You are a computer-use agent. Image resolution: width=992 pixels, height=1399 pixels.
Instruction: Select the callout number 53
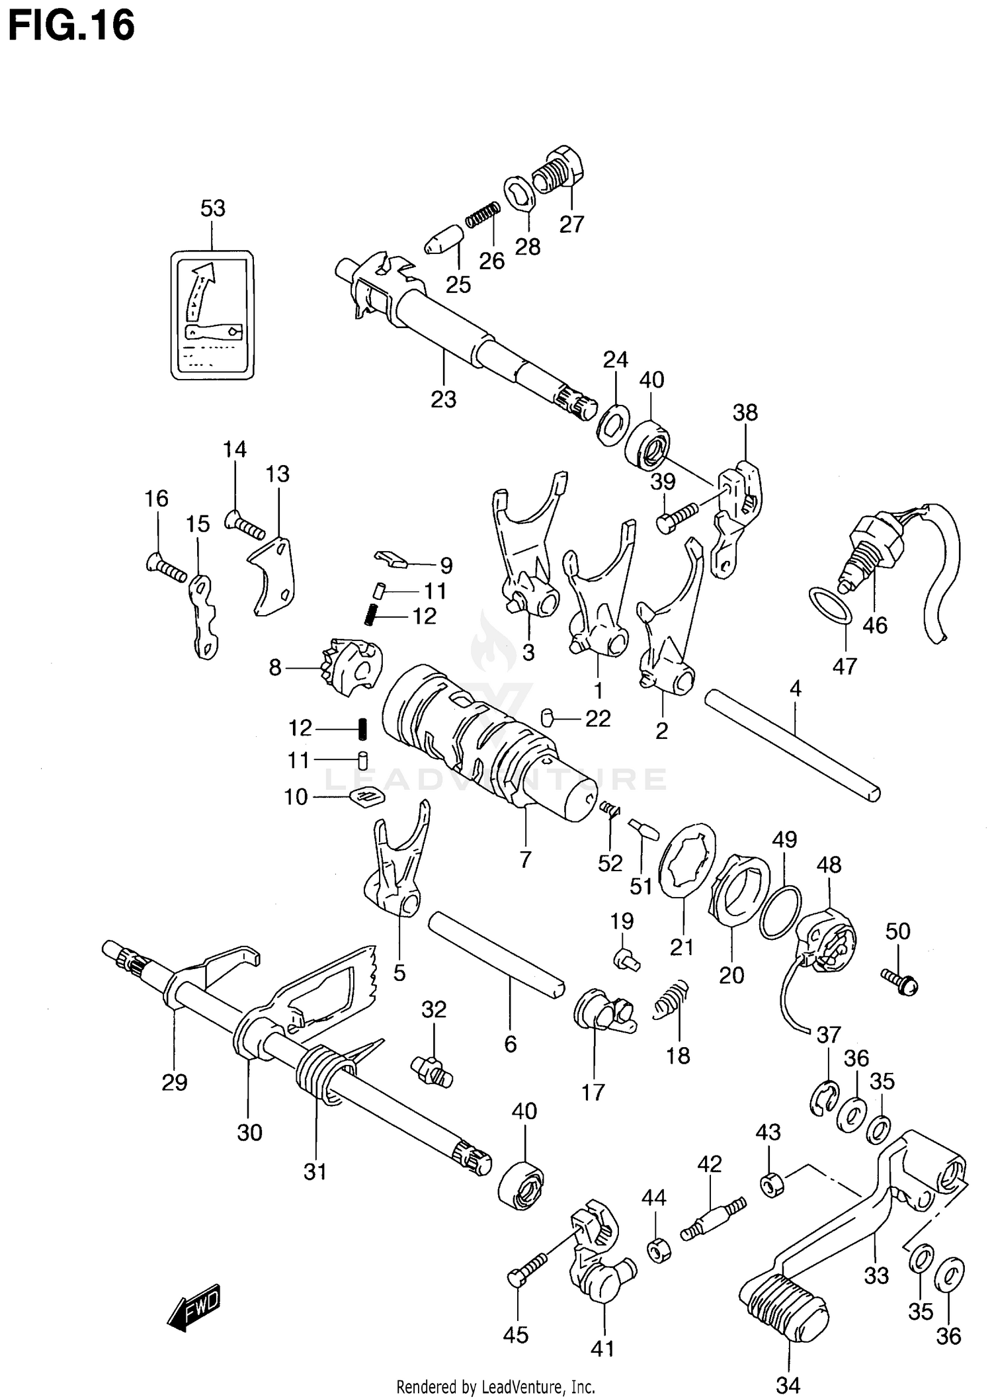(x=213, y=208)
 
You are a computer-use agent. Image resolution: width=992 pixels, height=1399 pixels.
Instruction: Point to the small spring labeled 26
(x=482, y=214)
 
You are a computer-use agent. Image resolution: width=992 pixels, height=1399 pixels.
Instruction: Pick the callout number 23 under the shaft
(x=443, y=400)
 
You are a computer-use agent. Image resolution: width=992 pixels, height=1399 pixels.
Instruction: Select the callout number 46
(x=874, y=625)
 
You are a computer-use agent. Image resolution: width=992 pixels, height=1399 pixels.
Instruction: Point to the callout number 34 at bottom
(x=789, y=1384)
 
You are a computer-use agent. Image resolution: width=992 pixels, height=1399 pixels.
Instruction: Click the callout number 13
(x=278, y=474)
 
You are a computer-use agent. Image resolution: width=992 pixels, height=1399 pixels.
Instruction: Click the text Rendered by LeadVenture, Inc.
(x=495, y=1386)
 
